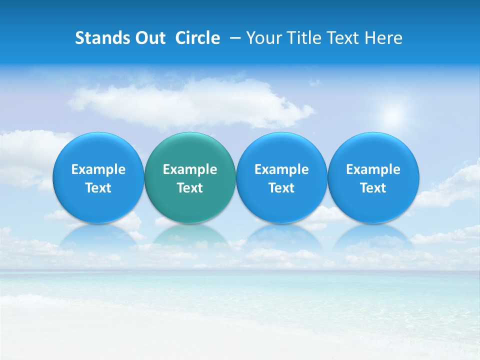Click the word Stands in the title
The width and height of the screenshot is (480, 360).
click(x=99, y=38)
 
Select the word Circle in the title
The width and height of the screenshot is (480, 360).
click(x=197, y=38)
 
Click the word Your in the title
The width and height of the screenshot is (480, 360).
click(x=262, y=38)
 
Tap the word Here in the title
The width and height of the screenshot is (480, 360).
click(x=383, y=38)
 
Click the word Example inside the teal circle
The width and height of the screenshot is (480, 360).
click(x=190, y=169)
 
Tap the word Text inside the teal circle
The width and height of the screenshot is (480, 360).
click(x=190, y=188)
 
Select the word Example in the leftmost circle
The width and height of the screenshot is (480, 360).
click(x=98, y=169)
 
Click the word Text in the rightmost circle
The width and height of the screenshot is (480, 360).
click(x=373, y=188)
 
